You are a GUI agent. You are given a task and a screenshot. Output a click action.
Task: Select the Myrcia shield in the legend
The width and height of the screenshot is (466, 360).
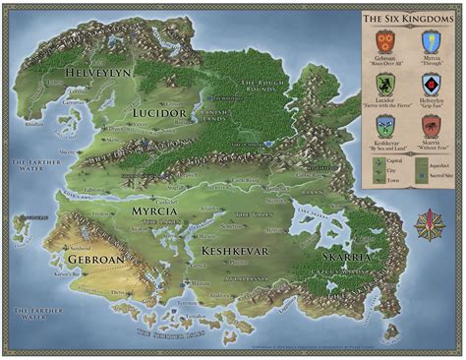pyautogui.click(x=430, y=42)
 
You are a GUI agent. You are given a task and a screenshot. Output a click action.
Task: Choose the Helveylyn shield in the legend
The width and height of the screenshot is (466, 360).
pyautogui.click(x=430, y=85)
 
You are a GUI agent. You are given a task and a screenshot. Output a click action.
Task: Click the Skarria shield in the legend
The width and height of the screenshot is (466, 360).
pyautogui.click(x=430, y=126)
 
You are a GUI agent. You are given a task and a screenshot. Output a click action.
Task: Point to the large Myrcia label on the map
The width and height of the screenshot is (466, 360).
pyautogui.click(x=154, y=210)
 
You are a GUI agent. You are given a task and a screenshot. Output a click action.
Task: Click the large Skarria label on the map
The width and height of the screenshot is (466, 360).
pyautogui.click(x=344, y=256)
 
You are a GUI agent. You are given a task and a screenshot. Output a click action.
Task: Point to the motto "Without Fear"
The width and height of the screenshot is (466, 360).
pyautogui.click(x=430, y=147)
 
